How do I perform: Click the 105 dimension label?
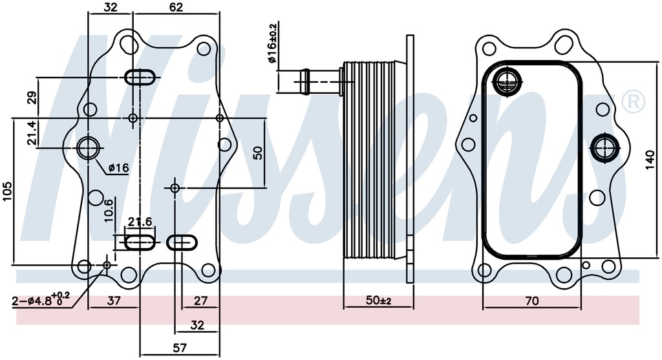8,191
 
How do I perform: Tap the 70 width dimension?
531,301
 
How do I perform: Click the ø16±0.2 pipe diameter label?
273,43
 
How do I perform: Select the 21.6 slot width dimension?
139,222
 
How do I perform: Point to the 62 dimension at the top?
175,7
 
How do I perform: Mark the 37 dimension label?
114,301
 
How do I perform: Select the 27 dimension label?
200,301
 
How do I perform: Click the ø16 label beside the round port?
119,168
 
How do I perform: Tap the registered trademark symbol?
632,101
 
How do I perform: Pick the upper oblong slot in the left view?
140,77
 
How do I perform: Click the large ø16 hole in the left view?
88,147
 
